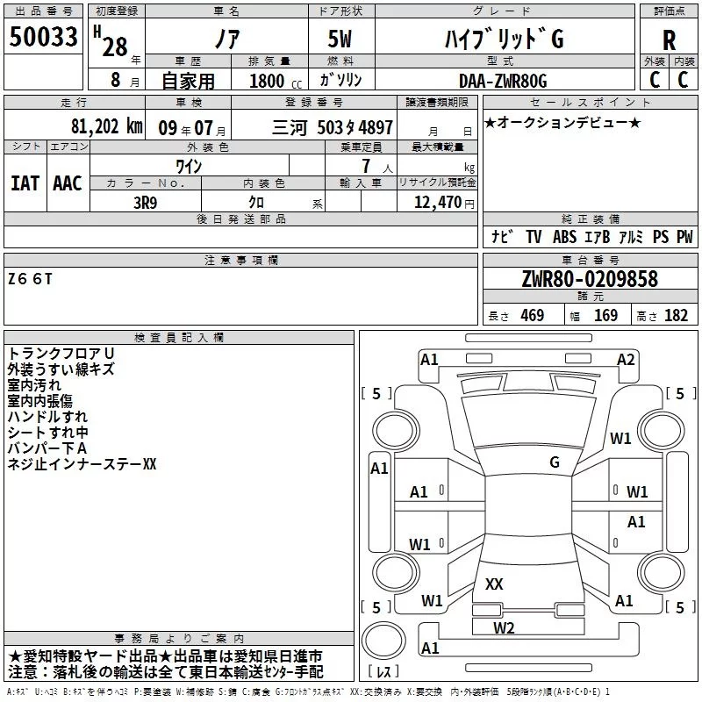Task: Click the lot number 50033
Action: click(x=44, y=39)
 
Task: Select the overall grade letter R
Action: click(x=669, y=40)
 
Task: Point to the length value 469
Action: click(x=532, y=315)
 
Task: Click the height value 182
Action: click(x=676, y=315)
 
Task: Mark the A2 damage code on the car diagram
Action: click(x=626, y=359)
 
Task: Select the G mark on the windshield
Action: click(x=554, y=462)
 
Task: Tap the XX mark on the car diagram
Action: click(x=494, y=584)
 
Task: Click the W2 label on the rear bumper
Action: click(x=504, y=627)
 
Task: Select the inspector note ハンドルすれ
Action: click(x=47, y=417)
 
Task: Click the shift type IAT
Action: click(x=25, y=183)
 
